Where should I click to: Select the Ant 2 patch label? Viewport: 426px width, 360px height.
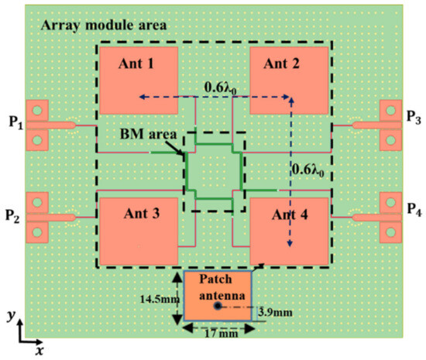click(x=283, y=64)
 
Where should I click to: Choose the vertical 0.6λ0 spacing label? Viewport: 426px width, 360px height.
click(x=311, y=166)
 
